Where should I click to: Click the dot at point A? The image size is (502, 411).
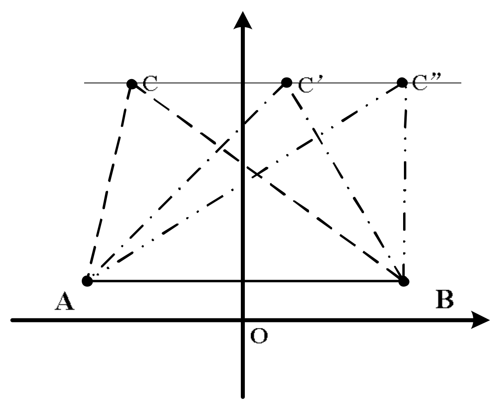[x=87, y=281]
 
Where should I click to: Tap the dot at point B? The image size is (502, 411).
[x=404, y=281]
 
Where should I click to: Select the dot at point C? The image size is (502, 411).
[x=132, y=84]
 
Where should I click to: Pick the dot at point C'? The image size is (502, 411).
[x=286, y=83]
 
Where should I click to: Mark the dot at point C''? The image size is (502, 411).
[x=402, y=83]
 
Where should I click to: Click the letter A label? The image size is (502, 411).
[x=64, y=301]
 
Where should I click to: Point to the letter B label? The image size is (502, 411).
[x=444, y=300]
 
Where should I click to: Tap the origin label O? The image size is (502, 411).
[x=259, y=336]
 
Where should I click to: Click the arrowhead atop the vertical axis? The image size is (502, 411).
[x=242, y=20]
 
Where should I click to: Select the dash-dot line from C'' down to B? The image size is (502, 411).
[x=405, y=180]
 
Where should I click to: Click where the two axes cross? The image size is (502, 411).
[x=242, y=320]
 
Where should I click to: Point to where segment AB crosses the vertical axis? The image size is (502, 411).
[x=242, y=281]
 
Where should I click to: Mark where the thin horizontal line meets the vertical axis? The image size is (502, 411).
[x=242, y=83]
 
